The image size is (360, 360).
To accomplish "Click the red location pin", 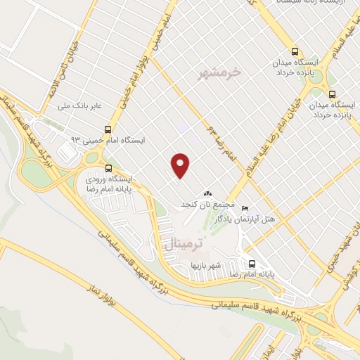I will coord(181,166).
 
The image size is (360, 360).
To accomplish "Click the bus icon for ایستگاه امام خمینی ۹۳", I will coord(108,129).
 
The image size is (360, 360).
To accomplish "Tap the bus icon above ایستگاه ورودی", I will coord(108,168).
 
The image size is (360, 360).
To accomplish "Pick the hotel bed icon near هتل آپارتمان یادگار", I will coord(245,208).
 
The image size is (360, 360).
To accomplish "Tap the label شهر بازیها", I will coord(205,266).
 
